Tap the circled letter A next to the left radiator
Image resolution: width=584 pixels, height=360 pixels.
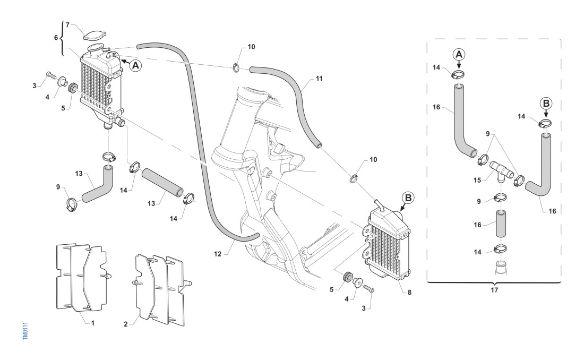[136, 65]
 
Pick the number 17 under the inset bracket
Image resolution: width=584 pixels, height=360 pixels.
[494, 290]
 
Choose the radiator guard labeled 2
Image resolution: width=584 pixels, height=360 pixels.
[159, 289]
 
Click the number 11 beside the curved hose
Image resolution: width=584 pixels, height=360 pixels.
[319, 78]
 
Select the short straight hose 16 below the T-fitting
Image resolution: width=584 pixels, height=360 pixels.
[502, 224]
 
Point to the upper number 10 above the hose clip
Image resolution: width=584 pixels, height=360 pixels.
[251, 47]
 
